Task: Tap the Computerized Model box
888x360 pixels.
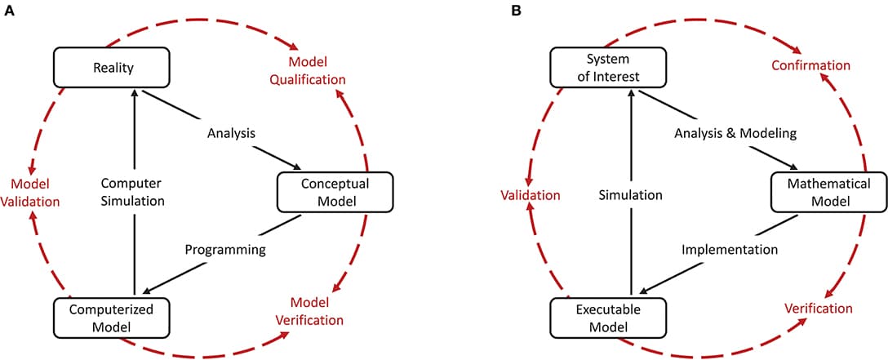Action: click(113, 318)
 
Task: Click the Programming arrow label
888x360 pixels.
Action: click(225, 250)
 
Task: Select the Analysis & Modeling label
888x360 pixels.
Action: click(725, 133)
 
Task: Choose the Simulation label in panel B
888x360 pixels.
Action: click(629, 195)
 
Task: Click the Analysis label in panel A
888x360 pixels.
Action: click(231, 133)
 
